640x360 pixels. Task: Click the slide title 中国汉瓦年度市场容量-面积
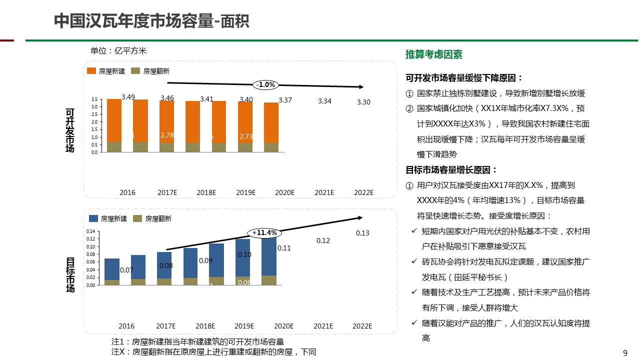(151, 21)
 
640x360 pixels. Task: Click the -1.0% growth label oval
(265, 85)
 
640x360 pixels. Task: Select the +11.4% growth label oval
(264, 233)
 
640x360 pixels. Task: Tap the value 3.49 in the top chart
(128, 97)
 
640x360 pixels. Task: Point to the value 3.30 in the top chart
(363, 102)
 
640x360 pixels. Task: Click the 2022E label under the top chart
(363, 192)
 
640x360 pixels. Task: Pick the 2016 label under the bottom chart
(126, 326)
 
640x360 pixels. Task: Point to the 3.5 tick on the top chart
(94, 99)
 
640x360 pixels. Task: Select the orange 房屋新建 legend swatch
(91, 71)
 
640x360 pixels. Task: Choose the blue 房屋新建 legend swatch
(93, 218)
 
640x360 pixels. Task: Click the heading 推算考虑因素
(433, 54)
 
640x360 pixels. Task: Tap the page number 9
(625, 353)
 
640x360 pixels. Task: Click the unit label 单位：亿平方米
(118, 50)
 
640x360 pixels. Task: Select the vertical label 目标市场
(70, 274)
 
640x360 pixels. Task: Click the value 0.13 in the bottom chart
(362, 233)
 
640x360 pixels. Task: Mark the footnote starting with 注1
(197, 342)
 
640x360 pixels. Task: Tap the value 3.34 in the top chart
(324, 101)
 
